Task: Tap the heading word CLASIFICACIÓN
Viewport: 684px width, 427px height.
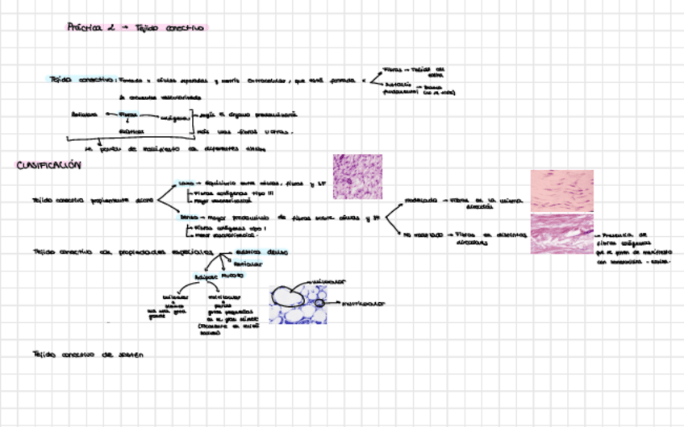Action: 50,166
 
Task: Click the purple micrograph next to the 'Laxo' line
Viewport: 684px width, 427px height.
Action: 357,176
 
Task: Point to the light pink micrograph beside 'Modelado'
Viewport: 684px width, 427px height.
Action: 561,191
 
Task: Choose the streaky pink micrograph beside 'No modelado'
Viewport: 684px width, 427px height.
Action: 561,234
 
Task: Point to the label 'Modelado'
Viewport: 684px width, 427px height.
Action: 420,199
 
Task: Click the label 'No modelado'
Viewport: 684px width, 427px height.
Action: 423,234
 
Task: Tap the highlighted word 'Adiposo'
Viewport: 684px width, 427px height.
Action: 206,276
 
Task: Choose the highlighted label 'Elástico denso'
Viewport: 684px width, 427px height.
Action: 259,252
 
